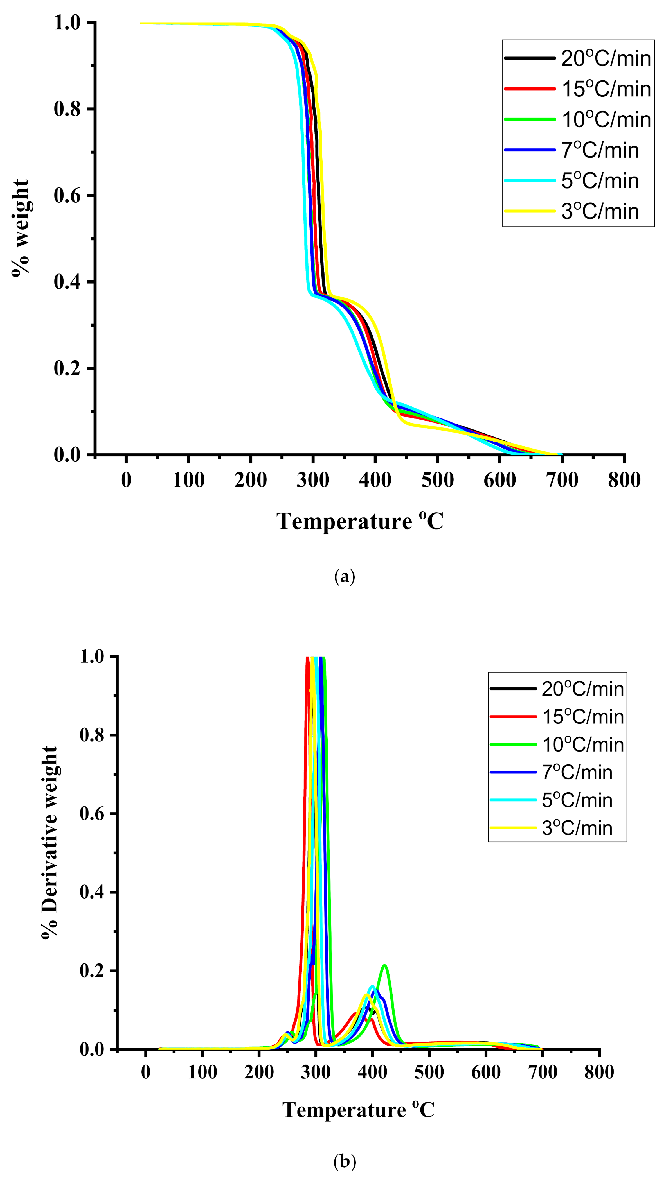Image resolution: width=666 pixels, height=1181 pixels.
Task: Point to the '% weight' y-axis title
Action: coord(21,228)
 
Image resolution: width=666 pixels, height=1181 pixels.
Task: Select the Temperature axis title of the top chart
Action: coord(360,522)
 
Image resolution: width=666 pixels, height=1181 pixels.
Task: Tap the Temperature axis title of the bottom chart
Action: coord(358,1110)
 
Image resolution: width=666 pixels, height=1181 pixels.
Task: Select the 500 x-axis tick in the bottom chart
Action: coord(429,1072)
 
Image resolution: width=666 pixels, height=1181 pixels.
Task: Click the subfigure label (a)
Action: coord(345,576)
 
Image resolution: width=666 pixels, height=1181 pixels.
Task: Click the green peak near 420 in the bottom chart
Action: coord(384,966)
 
